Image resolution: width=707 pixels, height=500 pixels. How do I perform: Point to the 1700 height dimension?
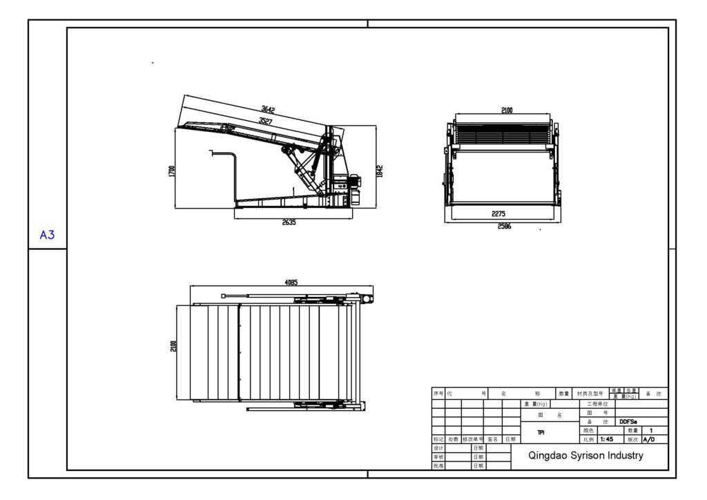171,171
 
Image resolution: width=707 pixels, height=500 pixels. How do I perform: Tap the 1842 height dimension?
379,171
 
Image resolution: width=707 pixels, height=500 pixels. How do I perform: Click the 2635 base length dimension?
289,222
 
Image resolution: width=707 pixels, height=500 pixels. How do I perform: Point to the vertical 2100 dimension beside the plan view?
173,345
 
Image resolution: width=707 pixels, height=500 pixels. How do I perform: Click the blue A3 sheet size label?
47,235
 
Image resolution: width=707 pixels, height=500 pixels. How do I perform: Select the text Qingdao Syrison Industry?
585,455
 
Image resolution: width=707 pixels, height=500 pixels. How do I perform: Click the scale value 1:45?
607,439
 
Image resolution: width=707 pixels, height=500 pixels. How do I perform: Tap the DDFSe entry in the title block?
628,421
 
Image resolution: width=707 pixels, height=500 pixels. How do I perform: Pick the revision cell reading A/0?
649,439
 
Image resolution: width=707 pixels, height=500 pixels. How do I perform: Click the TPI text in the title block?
541,432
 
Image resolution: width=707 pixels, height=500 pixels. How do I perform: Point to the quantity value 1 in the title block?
652,430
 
